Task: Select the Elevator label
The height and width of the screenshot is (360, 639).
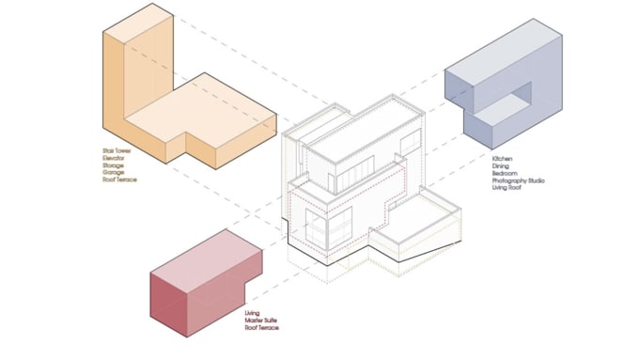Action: coord(114,157)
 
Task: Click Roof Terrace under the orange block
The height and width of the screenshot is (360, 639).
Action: coord(119,180)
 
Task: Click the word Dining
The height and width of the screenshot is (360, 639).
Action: coord(500,166)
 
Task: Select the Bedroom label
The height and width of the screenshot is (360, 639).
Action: coord(504,174)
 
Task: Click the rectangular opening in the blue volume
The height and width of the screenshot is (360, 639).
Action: coord(513,98)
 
